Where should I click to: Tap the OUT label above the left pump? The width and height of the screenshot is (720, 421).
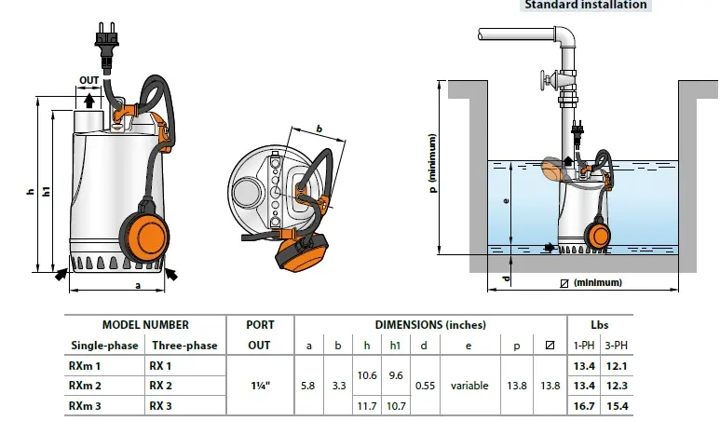point(89,80)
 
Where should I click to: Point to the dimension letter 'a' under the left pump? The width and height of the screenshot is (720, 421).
point(138,286)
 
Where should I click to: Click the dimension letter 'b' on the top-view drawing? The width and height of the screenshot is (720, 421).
point(319,129)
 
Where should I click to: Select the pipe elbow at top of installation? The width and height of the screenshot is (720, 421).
point(564,39)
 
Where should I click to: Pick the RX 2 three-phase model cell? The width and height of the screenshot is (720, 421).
point(162,386)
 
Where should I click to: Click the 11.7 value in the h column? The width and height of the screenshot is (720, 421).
point(367,405)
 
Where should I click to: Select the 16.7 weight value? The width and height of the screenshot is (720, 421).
point(582,405)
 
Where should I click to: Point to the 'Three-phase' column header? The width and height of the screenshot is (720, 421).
point(184,345)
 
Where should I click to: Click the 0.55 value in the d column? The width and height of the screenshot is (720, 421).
point(424,386)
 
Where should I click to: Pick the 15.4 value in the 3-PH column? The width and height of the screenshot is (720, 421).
point(615,405)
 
